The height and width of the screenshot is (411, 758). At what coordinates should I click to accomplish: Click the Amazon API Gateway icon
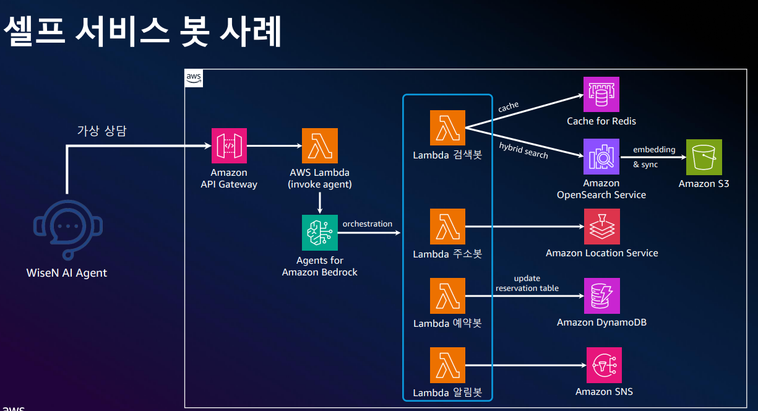(x=229, y=146)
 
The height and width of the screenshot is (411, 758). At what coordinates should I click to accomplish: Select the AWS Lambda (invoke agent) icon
(x=320, y=146)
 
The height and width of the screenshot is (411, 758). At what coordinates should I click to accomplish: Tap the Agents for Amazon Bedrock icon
(x=320, y=233)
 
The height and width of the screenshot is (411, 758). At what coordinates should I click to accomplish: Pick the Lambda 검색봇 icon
(x=447, y=128)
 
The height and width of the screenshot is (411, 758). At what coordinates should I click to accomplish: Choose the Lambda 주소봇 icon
(x=447, y=227)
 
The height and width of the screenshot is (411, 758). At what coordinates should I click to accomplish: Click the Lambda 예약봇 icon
(x=447, y=296)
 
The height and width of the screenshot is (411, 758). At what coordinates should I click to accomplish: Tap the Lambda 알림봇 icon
(x=447, y=365)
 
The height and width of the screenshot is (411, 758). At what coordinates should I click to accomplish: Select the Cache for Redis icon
(x=601, y=95)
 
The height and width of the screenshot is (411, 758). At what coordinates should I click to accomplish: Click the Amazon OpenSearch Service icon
(x=601, y=157)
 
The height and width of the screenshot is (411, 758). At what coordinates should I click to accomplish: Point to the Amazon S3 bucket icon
(x=704, y=157)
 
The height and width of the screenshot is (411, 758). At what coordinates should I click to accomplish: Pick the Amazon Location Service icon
(x=602, y=227)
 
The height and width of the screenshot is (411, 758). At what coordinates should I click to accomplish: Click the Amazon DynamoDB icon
(x=602, y=296)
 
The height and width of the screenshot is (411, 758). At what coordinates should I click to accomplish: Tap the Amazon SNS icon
(x=604, y=365)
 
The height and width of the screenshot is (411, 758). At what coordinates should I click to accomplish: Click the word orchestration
(x=368, y=223)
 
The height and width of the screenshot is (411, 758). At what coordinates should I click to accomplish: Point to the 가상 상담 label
(x=101, y=131)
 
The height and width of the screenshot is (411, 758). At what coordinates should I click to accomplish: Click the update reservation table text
(x=527, y=283)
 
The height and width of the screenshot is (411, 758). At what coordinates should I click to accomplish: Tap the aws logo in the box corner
(x=194, y=78)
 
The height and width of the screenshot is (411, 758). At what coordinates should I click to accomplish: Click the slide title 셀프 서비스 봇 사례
(x=142, y=31)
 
